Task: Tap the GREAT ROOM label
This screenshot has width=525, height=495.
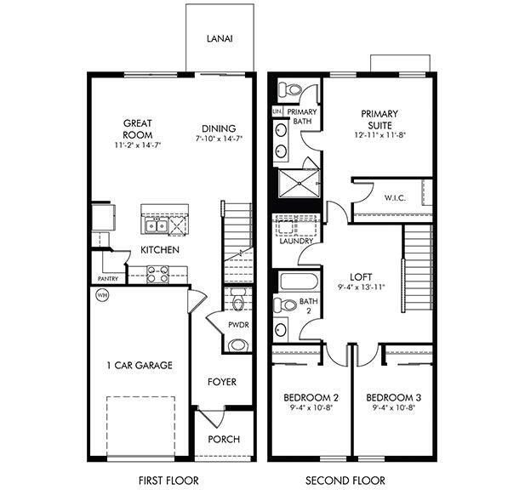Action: pos(136,128)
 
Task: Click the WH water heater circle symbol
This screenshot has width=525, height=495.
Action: pos(102,295)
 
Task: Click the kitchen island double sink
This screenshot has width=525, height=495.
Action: pos(155,225)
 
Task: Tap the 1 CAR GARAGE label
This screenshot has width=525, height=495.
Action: pos(140,365)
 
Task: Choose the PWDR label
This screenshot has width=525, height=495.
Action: pos(238,327)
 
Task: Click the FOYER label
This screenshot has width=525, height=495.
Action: pos(222,382)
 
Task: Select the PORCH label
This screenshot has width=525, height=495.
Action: pos(224,439)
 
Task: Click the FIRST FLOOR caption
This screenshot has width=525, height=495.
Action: pos(168,481)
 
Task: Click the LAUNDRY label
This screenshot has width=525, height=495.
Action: pos(295,241)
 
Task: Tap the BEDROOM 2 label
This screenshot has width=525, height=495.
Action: pos(311,397)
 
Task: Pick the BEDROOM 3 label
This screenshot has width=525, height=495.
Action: pos(393,397)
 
